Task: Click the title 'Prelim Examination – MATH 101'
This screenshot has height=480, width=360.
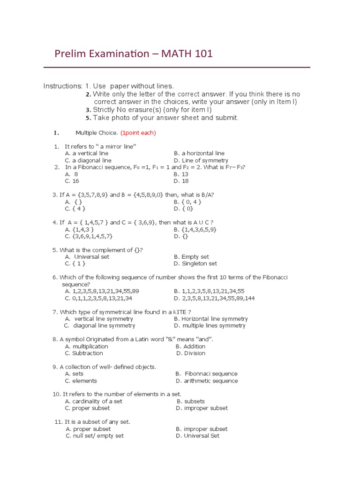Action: [134, 54]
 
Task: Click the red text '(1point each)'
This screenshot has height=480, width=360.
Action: [138, 133]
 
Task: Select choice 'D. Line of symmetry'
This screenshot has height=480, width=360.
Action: [201, 160]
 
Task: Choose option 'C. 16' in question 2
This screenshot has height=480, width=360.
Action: [72, 181]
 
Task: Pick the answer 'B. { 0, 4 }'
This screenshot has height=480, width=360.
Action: [187, 202]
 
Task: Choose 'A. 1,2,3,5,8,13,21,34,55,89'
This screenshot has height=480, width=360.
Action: [102, 291]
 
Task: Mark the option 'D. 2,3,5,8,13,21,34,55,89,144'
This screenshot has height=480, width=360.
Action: [214, 298]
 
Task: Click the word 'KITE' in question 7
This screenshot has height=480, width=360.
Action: [180, 312]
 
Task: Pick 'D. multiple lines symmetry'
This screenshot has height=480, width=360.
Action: [209, 325]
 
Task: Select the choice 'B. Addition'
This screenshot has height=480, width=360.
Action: [190, 346]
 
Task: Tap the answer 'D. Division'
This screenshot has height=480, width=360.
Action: [191, 353]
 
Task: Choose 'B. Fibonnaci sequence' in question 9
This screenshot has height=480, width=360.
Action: [206, 374]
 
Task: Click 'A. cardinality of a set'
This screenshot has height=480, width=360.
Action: [94, 401]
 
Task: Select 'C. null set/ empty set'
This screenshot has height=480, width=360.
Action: [95, 435]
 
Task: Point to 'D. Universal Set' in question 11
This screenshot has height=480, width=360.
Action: [196, 435]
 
